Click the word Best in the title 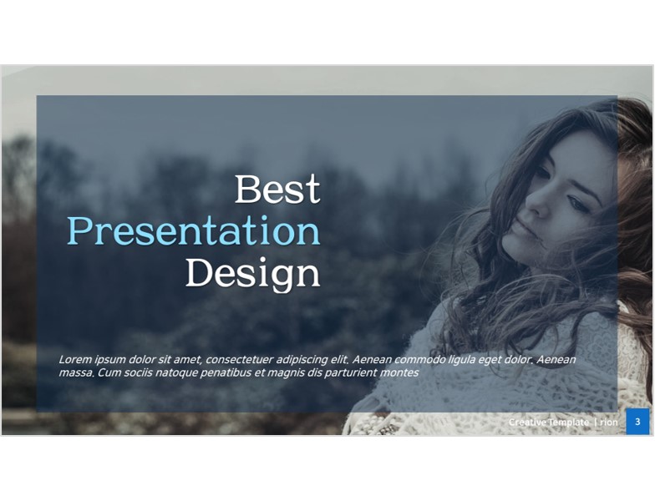tap(277, 189)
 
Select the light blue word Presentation tap(194, 230)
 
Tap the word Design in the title tap(252, 273)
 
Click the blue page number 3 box tap(637, 421)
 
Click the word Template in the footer tap(568, 423)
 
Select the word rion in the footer tap(608, 423)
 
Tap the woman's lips tap(522, 227)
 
